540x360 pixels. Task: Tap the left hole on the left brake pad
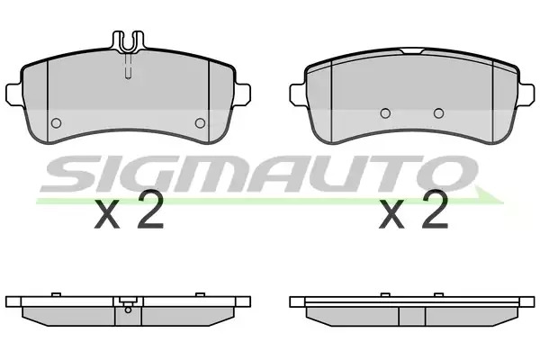coord(56,123)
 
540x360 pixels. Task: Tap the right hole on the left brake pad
coord(200,123)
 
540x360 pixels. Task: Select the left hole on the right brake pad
coord(385,113)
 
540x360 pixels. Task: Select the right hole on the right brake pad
coord(439,113)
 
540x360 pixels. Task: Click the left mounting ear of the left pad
coord(13,94)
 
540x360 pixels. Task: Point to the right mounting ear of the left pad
coord(243,94)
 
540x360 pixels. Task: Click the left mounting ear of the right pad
coord(298,94)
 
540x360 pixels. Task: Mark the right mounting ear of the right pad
coord(526,94)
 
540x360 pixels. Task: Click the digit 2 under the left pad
coord(150,209)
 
